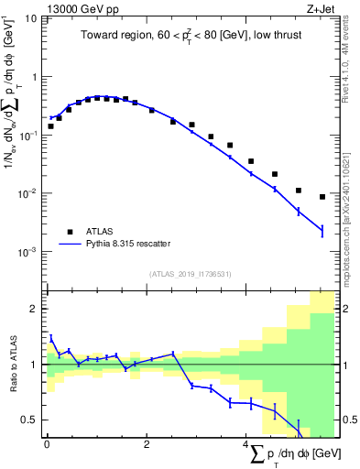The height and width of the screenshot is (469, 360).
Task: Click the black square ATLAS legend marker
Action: pos(67,231)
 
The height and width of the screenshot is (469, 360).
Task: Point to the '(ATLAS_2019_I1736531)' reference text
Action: pos(191,273)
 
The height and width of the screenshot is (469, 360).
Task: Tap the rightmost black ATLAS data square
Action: pos(322,197)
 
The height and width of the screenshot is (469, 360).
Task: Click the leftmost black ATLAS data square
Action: pos(50,126)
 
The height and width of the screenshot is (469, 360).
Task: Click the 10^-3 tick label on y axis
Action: pos(28,251)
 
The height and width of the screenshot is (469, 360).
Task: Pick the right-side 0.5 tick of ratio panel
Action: pos(345,420)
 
